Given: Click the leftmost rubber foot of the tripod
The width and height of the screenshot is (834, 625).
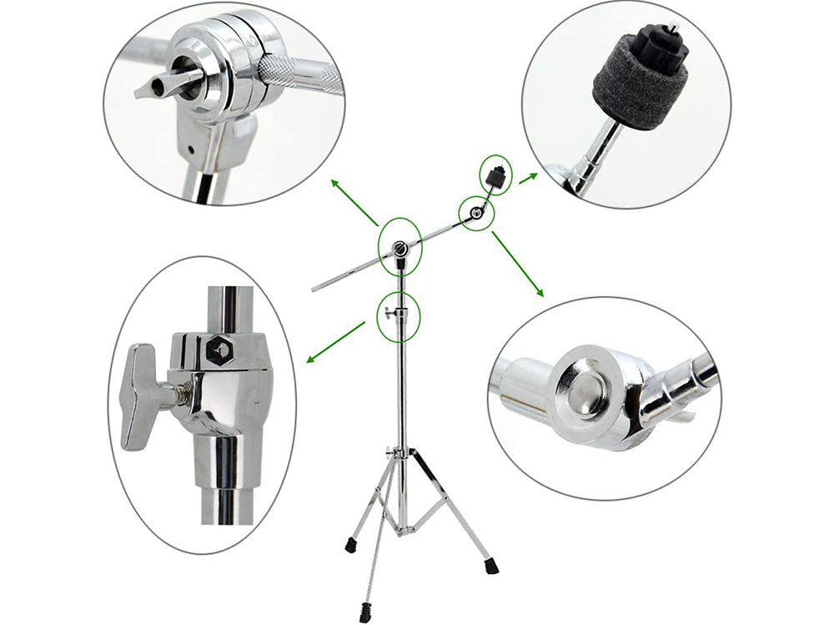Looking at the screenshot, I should [349, 547].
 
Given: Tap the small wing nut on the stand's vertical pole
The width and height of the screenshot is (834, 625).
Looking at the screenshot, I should [391, 313].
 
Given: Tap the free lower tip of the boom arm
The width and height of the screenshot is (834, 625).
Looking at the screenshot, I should [315, 289].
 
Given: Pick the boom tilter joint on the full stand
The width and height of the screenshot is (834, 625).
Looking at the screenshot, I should [402, 247].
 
